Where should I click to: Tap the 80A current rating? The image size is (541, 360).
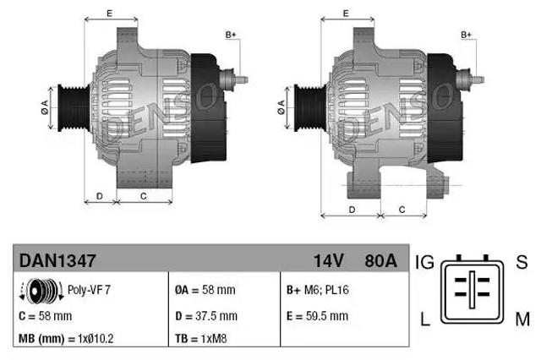click(379, 261)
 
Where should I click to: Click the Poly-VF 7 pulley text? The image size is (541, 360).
click(89, 290)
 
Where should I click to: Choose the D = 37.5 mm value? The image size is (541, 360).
click(206, 316)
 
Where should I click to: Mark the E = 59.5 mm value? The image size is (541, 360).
click(317, 316)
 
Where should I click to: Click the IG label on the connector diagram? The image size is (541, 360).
click(425, 263)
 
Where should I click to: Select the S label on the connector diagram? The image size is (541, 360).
click(522, 263)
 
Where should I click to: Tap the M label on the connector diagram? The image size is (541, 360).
click(522, 318)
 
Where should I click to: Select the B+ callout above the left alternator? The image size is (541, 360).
click(231, 34)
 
